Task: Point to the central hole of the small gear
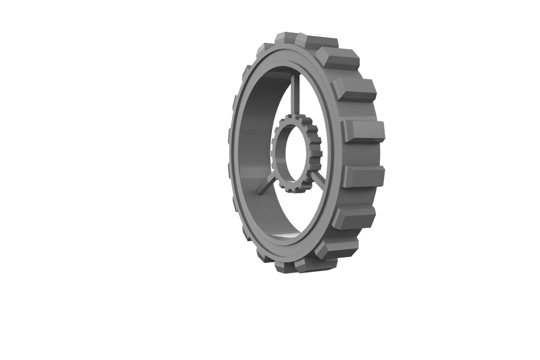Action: [x=289, y=152]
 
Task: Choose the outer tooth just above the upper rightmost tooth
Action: [x=353, y=89]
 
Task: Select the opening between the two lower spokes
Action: [x=290, y=210]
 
